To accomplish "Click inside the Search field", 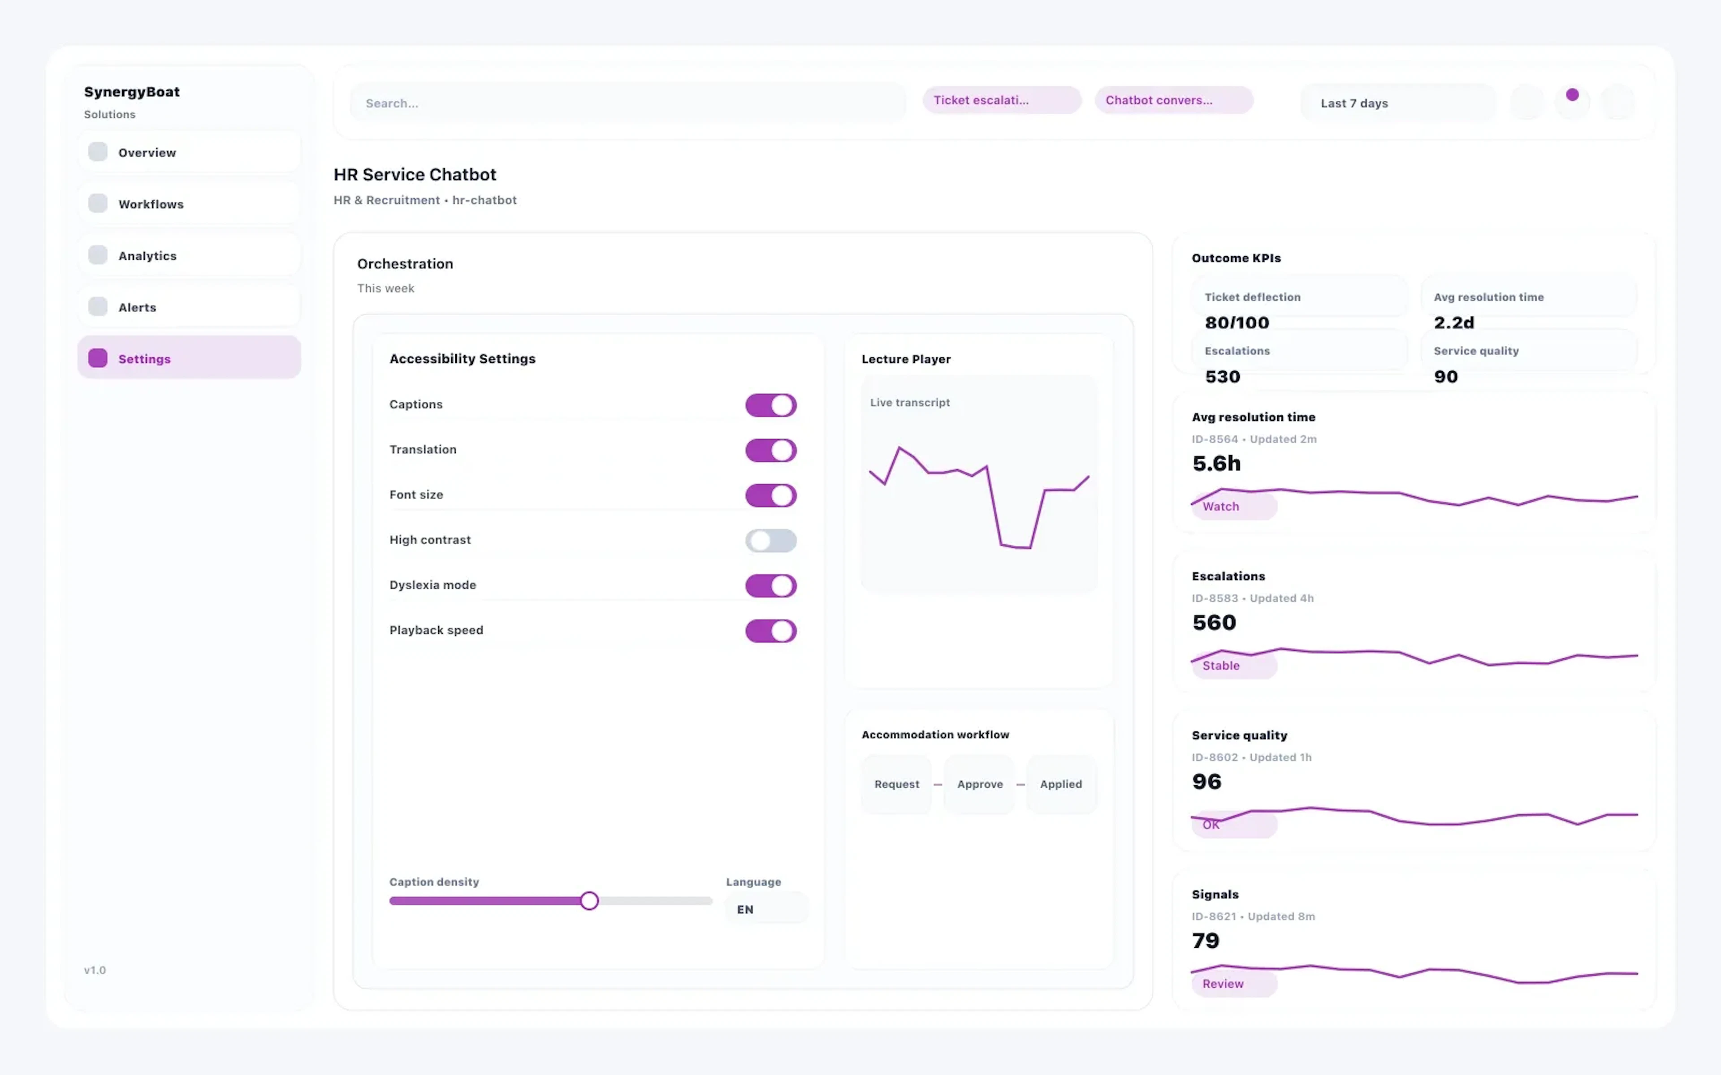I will click(x=626, y=103).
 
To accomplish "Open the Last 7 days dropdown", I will click(x=1397, y=103).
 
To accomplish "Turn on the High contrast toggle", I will click(x=770, y=540).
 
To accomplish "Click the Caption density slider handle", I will click(x=589, y=901).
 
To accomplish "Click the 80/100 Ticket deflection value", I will click(x=1237, y=323).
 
